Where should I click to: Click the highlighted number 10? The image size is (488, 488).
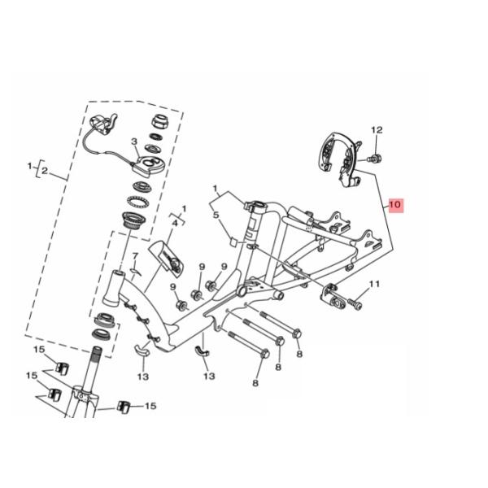(x=394, y=205)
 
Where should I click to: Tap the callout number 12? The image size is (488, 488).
(x=377, y=130)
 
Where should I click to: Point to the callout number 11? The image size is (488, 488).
(x=375, y=284)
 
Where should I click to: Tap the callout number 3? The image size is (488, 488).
(x=135, y=142)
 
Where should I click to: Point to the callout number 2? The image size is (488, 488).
(x=46, y=172)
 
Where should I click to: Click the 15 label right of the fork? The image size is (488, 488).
(x=150, y=405)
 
